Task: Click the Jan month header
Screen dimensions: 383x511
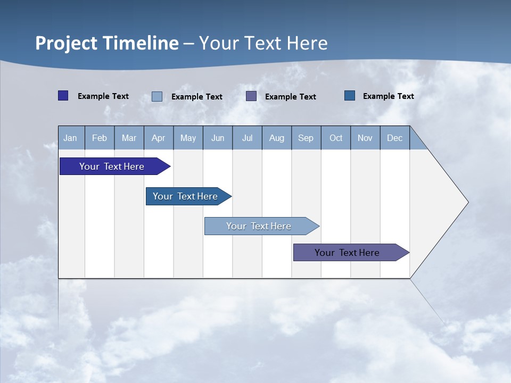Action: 71,138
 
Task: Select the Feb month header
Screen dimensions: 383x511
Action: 100,138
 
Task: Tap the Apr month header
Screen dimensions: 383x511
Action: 158,138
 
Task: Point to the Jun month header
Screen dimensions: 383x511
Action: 218,138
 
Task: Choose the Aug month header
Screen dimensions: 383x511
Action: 276,138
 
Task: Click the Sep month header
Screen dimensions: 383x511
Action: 306,138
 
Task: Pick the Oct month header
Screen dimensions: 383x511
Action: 336,138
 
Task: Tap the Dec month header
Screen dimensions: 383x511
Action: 394,138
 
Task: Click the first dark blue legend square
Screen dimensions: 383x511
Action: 63,96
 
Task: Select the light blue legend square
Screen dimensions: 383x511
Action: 157,96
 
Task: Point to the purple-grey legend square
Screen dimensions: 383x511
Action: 251,96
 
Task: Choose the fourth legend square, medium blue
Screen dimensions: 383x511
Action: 350,96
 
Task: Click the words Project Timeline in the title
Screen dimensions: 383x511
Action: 106,43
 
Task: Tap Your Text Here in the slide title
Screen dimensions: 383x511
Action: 263,43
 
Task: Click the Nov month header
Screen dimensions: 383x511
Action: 365,138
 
